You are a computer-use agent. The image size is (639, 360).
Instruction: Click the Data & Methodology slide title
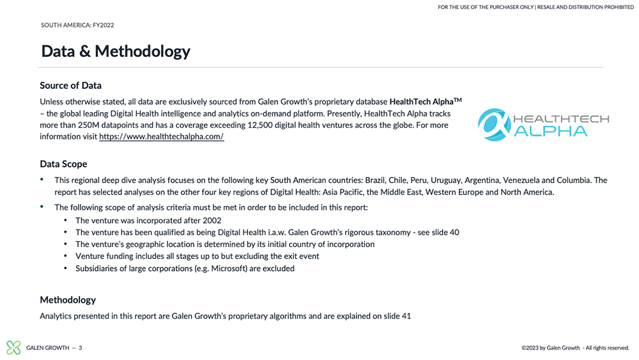click(x=116, y=51)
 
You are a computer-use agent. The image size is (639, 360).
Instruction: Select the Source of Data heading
click(x=70, y=86)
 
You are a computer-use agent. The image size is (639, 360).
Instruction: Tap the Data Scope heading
click(x=63, y=164)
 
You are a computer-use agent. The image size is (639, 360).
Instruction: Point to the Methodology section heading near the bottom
click(x=68, y=300)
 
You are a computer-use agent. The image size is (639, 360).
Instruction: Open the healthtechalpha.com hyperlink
click(x=161, y=137)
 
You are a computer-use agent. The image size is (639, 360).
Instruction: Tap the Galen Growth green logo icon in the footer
click(x=13, y=347)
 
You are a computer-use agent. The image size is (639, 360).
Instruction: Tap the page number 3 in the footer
click(x=80, y=348)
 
